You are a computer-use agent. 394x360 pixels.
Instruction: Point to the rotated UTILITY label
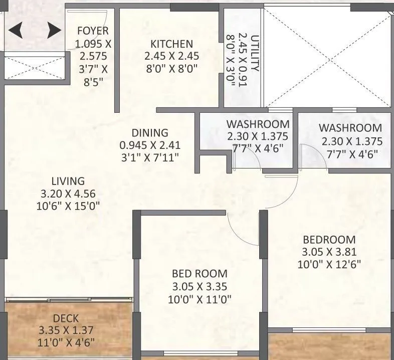[255, 53]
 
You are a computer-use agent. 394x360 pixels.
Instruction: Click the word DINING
[149, 133]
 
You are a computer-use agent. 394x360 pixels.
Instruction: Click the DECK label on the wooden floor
[65, 319]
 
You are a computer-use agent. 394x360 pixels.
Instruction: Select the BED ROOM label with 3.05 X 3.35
[200, 274]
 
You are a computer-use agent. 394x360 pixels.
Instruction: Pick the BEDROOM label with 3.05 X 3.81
[328, 239]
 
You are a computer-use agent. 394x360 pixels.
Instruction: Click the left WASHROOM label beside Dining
[257, 124]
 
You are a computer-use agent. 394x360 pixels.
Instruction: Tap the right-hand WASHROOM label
[350, 128]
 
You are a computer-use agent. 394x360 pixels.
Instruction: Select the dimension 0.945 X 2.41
[149, 145]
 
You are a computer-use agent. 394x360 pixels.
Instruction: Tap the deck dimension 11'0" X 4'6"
[65, 343]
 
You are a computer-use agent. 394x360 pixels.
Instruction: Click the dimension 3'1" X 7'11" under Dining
[149, 157]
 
